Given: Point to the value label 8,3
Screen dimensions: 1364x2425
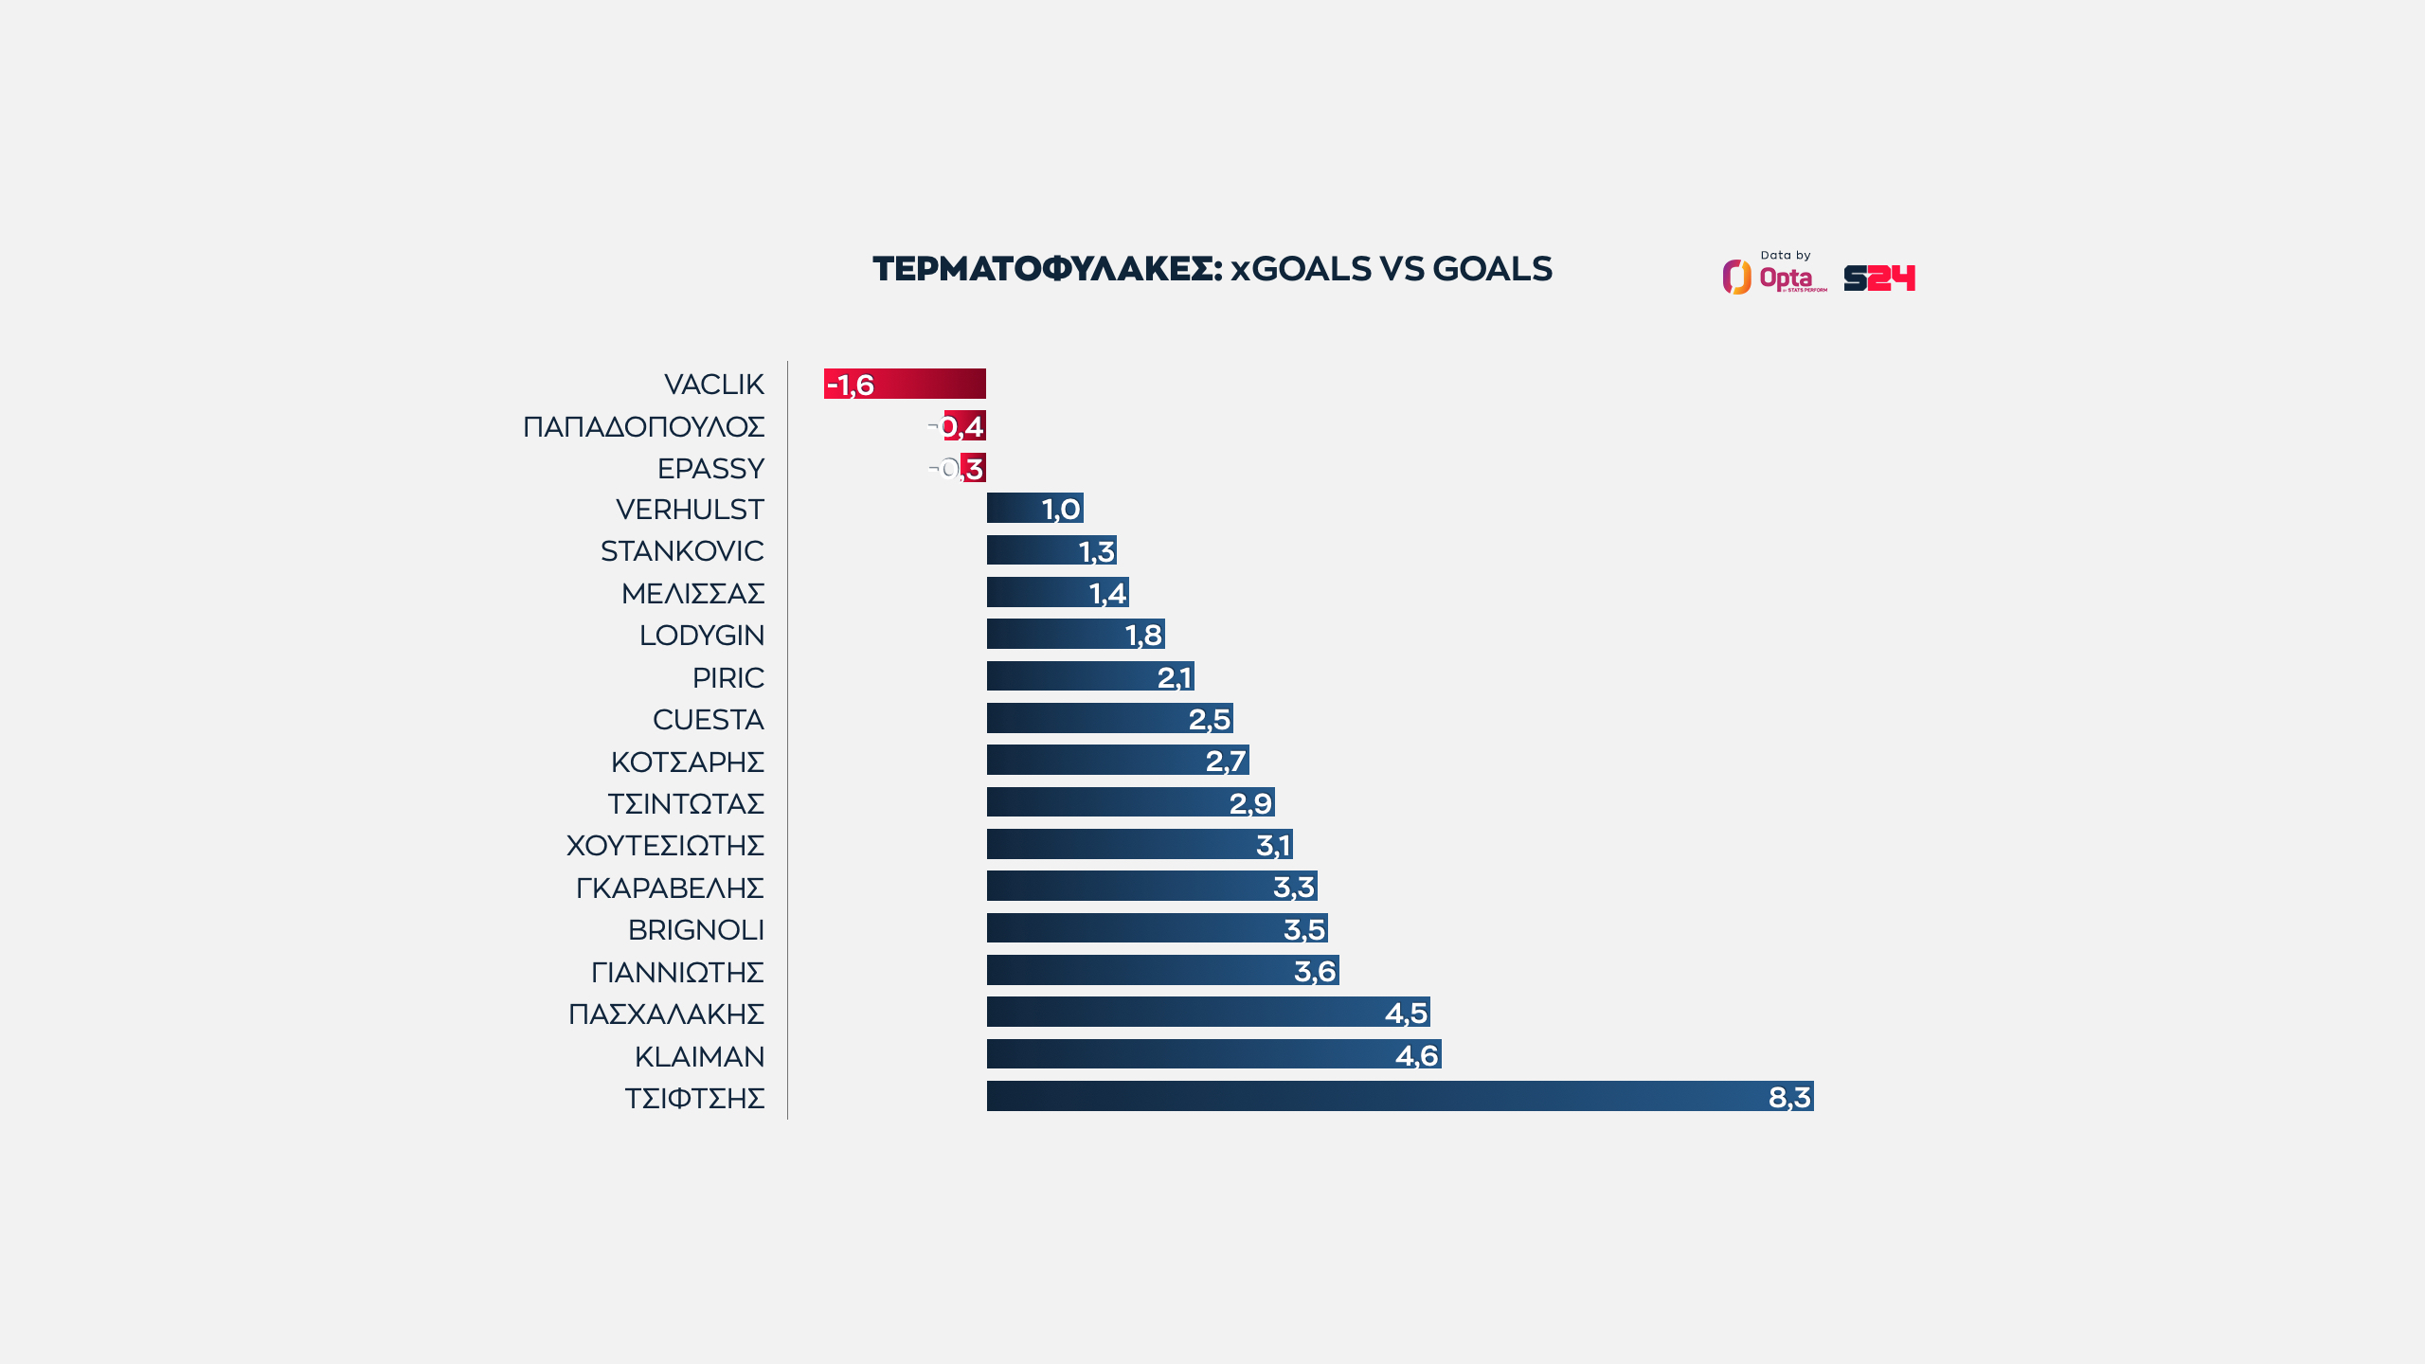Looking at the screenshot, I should [1789, 1097].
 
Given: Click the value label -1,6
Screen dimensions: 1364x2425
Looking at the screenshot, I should [851, 385].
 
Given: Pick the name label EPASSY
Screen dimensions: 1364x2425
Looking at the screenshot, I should [710, 469].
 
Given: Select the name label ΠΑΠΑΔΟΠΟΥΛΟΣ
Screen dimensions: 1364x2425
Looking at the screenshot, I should [644, 427].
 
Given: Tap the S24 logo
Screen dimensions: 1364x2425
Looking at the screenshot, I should [1879, 278].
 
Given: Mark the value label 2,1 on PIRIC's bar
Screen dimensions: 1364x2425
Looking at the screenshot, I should [1174, 677].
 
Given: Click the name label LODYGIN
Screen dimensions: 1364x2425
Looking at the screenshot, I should [702, 636].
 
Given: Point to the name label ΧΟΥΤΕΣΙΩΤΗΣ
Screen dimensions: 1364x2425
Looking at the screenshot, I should [665, 846].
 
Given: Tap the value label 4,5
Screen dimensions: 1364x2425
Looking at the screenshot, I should [1406, 1013].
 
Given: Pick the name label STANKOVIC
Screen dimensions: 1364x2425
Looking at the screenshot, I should [682, 551].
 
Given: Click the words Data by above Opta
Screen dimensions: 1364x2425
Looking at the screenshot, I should [1786, 256].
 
